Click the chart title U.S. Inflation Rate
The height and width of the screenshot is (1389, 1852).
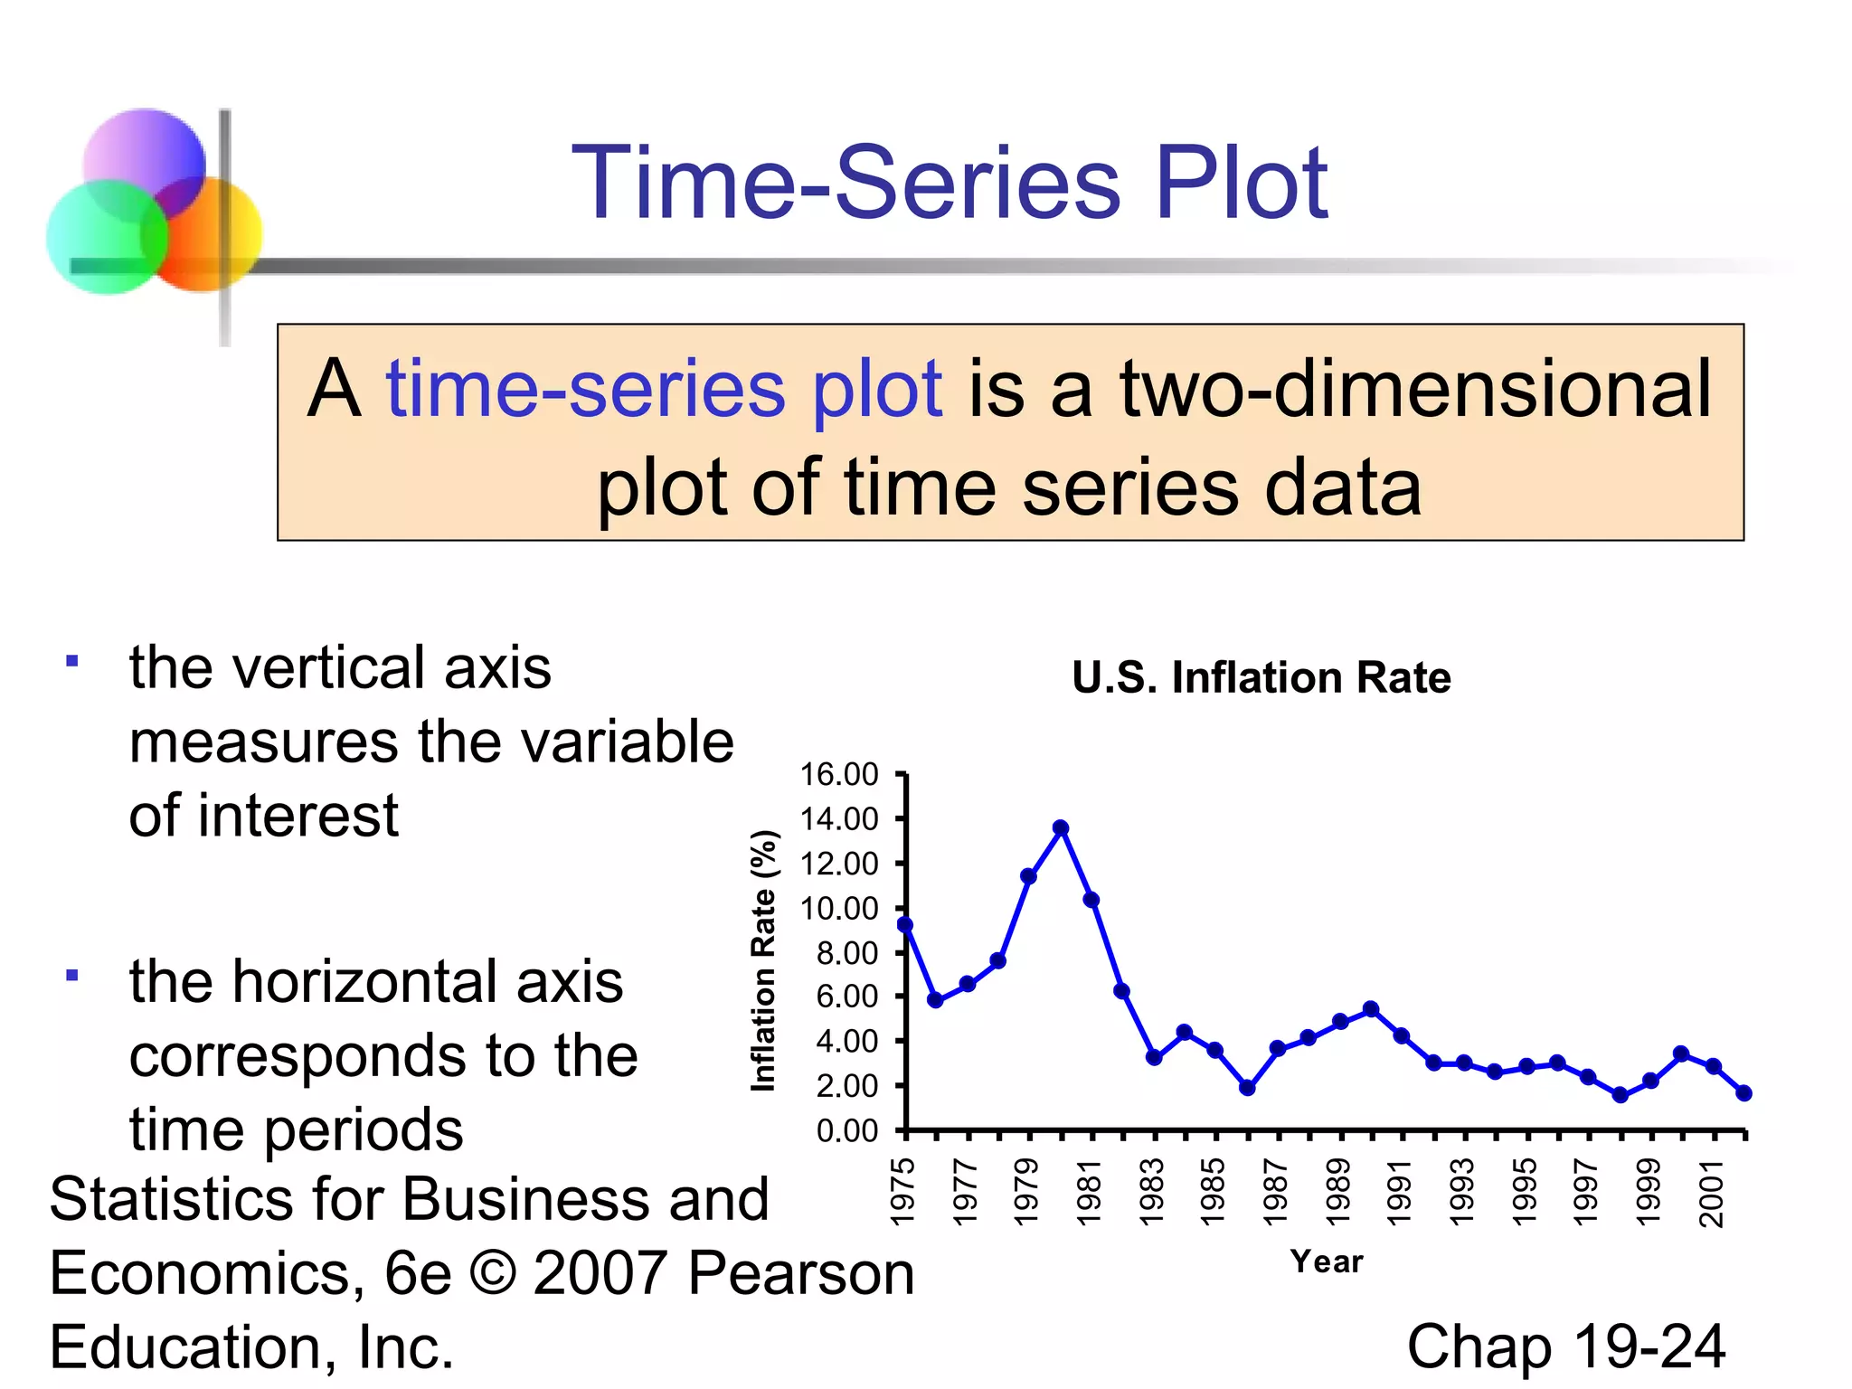[1261, 677]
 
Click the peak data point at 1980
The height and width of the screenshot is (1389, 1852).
[1061, 827]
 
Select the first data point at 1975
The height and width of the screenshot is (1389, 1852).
[905, 924]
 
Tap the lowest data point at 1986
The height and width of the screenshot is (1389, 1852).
[1247, 1088]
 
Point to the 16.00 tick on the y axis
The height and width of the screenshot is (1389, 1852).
[838, 774]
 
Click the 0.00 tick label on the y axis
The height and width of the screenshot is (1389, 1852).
[846, 1130]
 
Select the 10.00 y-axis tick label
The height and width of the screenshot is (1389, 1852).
[838, 908]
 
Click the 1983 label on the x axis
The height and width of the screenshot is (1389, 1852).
[1152, 1193]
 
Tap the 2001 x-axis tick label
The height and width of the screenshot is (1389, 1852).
[1712, 1193]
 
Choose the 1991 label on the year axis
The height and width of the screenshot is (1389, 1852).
[1400, 1193]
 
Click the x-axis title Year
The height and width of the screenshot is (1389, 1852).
[1326, 1261]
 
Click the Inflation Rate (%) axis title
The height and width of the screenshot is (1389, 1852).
[764, 960]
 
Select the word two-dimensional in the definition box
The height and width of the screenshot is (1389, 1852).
[1415, 389]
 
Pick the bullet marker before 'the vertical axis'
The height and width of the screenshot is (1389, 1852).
[71, 661]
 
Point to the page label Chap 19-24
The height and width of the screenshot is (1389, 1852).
[1565, 1346]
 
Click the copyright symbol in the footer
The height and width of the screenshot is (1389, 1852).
[493, 1272]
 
